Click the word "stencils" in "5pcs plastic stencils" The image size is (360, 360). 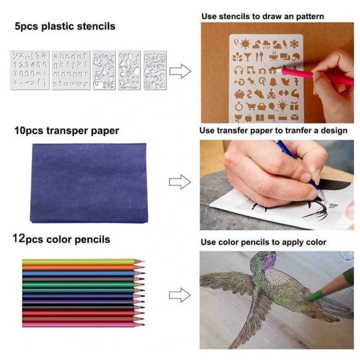(x=96, y=26)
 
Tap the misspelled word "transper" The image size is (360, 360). (x=67, y=131)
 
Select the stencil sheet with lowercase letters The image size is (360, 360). (x=71, y=70)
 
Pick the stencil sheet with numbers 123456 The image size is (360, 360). (x=30, y=70)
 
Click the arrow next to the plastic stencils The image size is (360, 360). (x=180, y=71)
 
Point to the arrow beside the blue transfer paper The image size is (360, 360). (x=180, y=182)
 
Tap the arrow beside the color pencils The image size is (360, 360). (x=180, y=295)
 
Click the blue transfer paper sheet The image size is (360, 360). (x=89, y=183)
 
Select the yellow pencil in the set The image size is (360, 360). (x=83, y=262)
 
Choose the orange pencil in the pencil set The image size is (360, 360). (x=83, y=268)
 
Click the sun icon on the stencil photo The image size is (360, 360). (x=245, y=44)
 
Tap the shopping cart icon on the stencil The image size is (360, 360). (x=251, y=106)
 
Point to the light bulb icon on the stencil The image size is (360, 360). (x=282, y=106)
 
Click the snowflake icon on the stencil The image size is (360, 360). (x=294, y=44)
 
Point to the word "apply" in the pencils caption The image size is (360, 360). (x=292, y=242)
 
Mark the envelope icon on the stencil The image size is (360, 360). (x=295, y=118)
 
